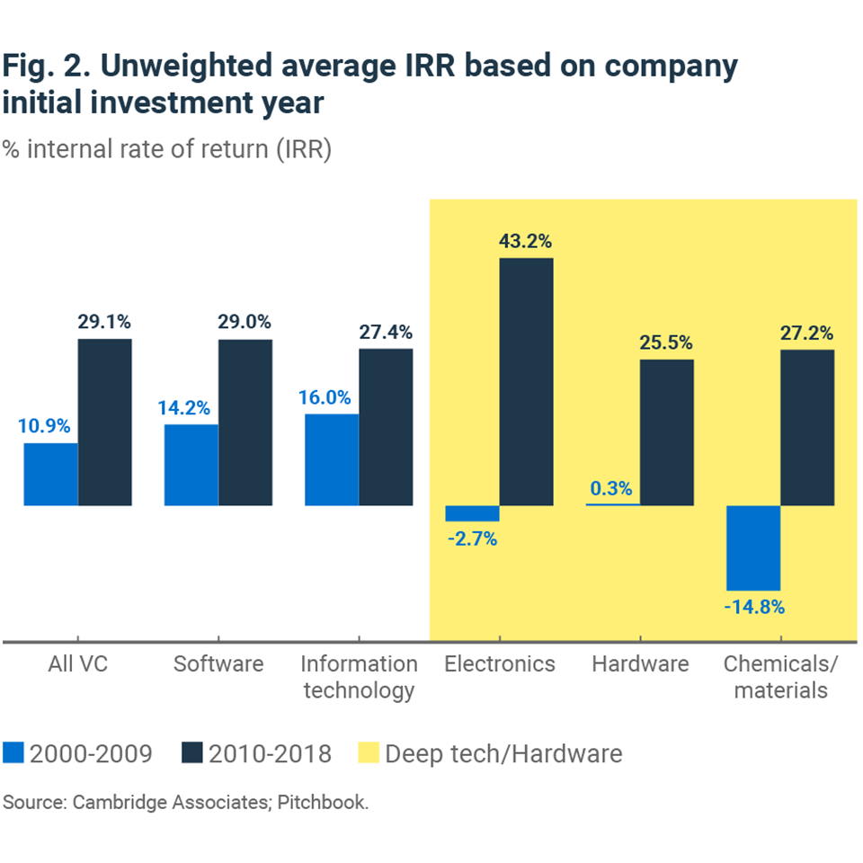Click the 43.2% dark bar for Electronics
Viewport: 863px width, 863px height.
526,382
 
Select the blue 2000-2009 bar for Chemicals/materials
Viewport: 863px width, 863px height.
753,547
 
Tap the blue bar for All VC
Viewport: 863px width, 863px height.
50,474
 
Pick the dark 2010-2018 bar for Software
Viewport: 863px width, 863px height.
245,423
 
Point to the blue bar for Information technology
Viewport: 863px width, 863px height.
332,459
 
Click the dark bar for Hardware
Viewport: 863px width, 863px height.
667,432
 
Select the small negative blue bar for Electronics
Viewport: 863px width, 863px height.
472,513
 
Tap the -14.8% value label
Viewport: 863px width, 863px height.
754,607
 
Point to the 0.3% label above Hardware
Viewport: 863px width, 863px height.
611,490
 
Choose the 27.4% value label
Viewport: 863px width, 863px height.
385,331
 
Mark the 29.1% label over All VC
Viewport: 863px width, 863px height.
104,321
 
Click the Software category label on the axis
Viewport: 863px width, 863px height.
218,664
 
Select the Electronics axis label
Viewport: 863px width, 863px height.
500,664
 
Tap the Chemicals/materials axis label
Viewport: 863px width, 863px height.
780,677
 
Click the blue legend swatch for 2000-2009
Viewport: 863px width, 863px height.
13,752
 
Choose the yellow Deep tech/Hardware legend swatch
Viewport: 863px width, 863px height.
368,752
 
